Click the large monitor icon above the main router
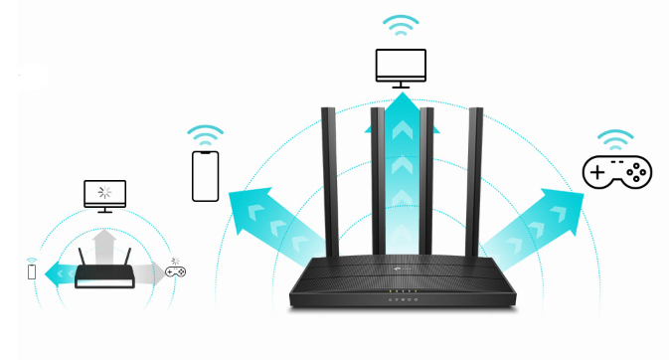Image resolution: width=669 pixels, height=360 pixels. (401, 66)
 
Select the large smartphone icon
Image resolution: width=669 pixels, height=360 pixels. (206, 176)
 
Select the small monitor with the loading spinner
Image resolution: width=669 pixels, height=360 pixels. (103, 192)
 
